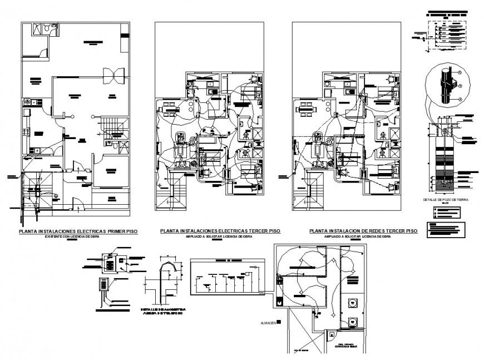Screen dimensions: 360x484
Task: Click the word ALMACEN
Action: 267,322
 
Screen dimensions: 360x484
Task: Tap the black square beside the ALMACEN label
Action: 280,322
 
